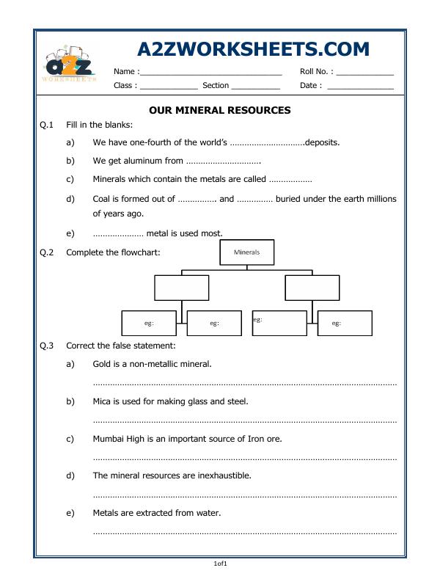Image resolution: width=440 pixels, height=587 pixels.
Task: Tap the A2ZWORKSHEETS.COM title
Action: click(x=253, y=49)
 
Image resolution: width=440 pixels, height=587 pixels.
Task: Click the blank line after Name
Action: click(x=210, y=73)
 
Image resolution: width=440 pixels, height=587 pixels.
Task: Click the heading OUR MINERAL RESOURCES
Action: click(x=220, y=110)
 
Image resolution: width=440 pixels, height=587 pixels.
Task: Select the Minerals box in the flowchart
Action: click(x=246, y=252)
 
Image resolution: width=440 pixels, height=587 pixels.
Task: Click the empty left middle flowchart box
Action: click(x=181, y=288)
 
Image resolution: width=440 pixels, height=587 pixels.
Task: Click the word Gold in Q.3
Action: click(x=103, y=363)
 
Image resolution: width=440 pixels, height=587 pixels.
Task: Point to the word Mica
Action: click(x=103, y=401)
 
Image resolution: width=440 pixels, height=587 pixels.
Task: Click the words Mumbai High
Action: click(x=120, y=438)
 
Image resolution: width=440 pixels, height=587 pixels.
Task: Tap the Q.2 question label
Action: click(x=47, y=252)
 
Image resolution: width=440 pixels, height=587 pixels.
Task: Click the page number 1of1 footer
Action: click(x=220, y=564)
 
